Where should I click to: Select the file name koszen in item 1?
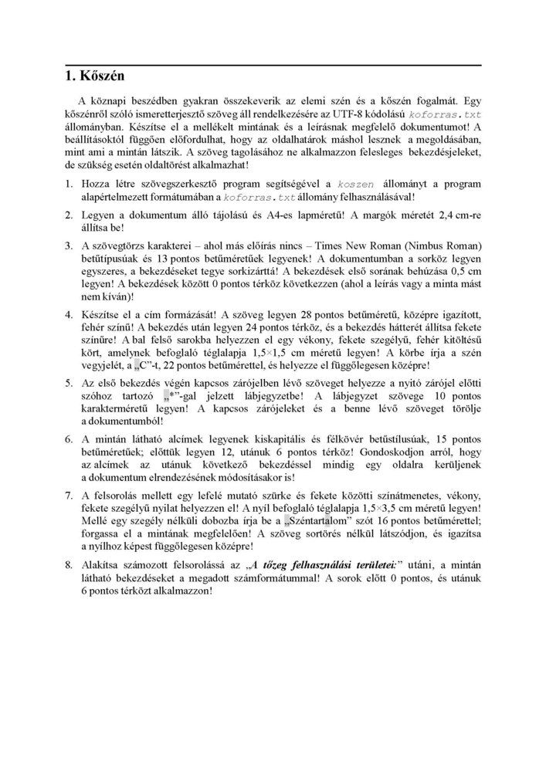(x=357, y=185)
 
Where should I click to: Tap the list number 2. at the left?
(x=68, y=213)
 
